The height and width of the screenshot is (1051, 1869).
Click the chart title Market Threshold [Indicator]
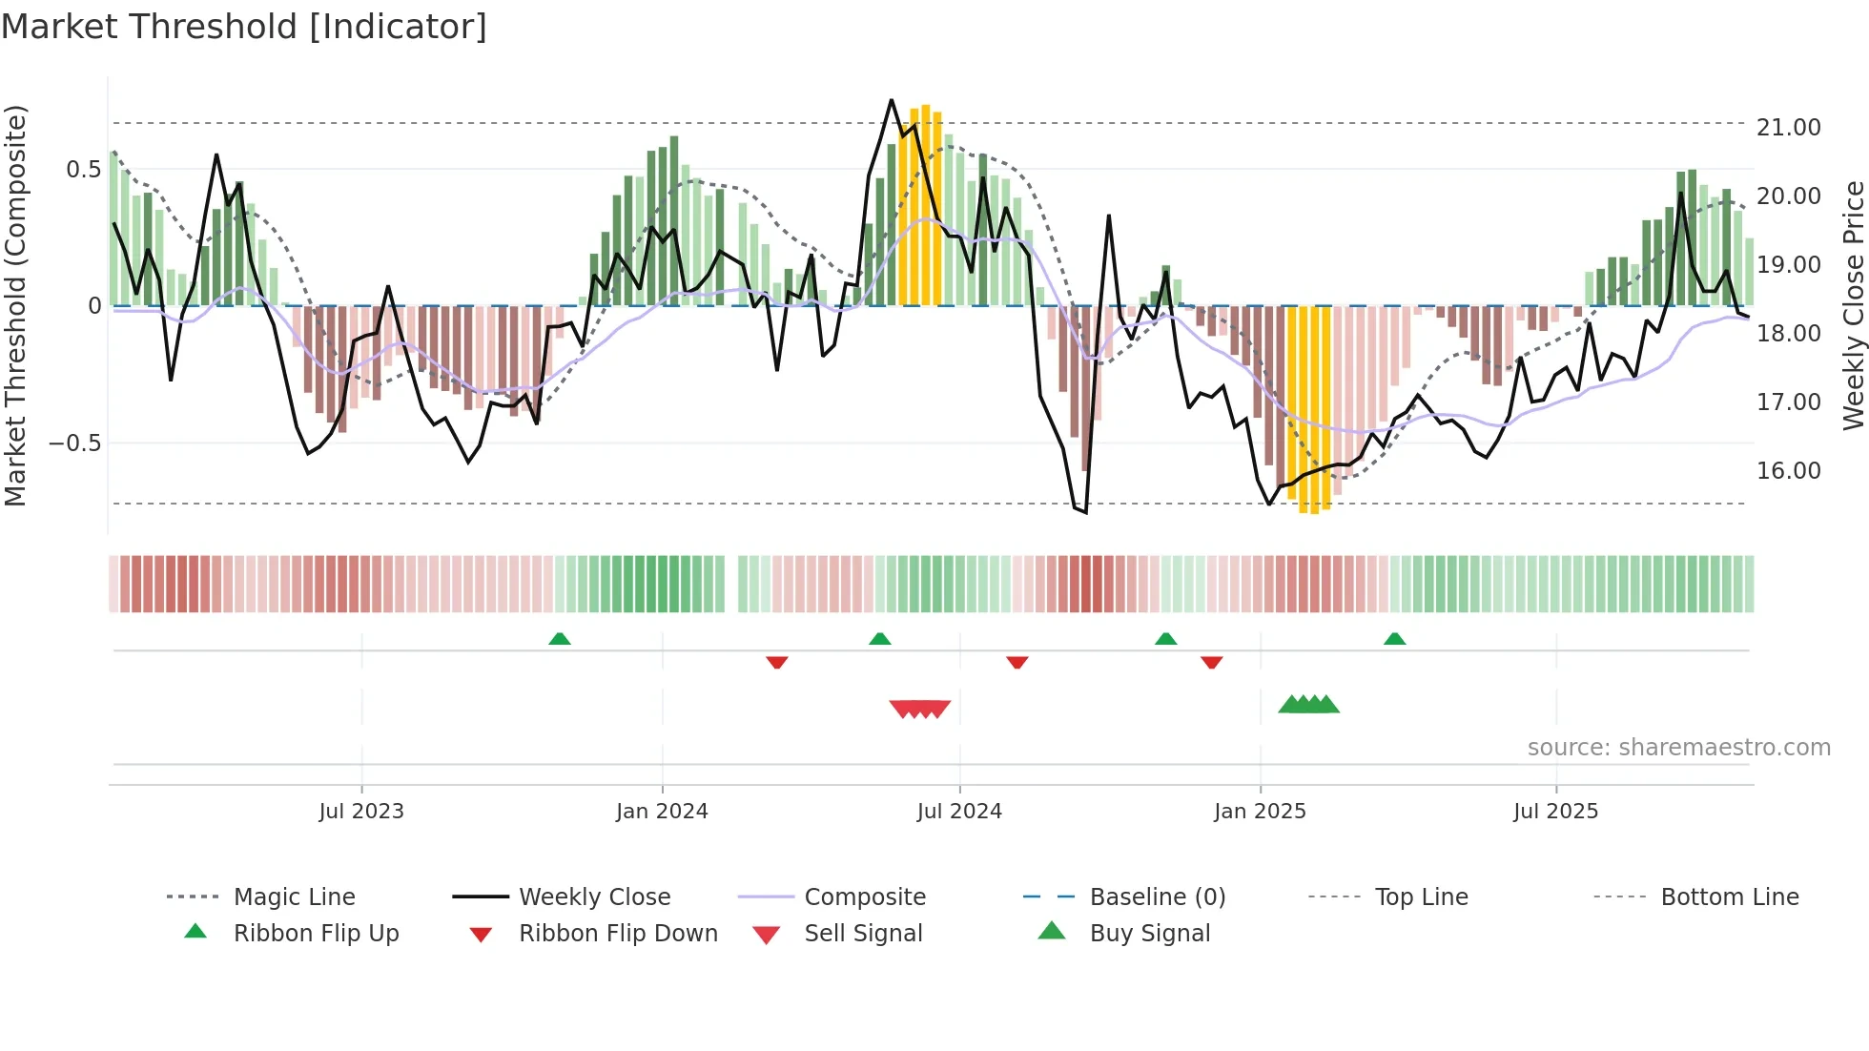244,27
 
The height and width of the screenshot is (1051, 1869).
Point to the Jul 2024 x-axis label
959,811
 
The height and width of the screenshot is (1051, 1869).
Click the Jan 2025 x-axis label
1260,811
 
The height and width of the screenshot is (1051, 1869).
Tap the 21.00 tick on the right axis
1788,127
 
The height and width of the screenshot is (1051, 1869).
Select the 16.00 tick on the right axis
1788,470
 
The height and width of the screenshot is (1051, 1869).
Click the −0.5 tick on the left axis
74,443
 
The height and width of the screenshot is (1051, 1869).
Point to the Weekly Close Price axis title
1853,305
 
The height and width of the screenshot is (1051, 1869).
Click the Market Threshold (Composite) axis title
15,305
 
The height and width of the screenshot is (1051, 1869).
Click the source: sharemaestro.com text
1678,747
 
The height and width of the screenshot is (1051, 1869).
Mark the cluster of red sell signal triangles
919,709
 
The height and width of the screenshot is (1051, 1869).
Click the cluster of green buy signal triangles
1308,705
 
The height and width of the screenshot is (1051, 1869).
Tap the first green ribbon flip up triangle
560,638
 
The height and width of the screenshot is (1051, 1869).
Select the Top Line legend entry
1421,896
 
